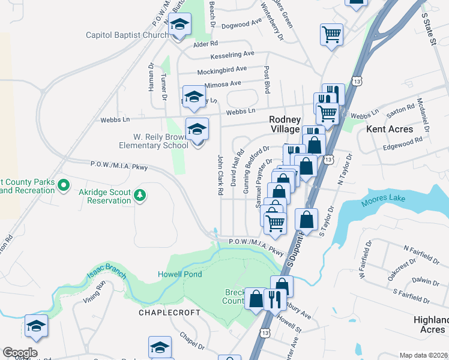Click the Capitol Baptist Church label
click(x=127, y=35)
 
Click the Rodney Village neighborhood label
click(x=284, y=125)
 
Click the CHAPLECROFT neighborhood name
click(x=165, y=313)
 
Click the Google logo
click(x=19, y=352)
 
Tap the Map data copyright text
click(x=423, y=355)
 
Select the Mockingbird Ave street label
click(x=222, y=70)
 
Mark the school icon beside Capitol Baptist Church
click(x=179, y=25)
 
